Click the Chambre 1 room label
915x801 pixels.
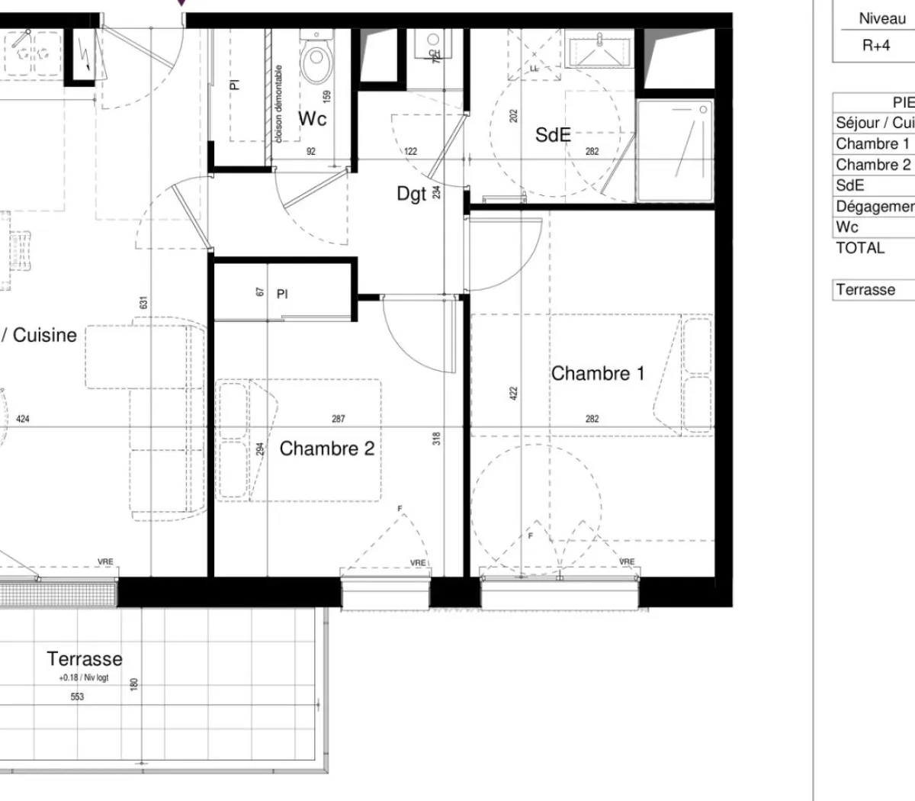(x=597, y=373)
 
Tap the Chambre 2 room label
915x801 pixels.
(x=327, y=449)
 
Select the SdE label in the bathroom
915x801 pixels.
(x=553, y=135)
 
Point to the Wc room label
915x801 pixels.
(x=312, y=118)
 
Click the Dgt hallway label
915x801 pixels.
(x=411, y=194)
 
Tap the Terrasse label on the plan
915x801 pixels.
(x=84, y=658)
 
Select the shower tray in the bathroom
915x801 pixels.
(x=675, y=150)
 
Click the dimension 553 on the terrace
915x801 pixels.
(x=77, y=696)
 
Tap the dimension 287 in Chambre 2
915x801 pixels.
(x=339, y=419)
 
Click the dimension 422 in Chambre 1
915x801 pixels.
(x=513, y=394)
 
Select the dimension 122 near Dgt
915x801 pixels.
(x=411, y=152)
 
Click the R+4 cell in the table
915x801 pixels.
(x=876, y=45)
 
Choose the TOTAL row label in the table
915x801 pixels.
(x=860, y=248)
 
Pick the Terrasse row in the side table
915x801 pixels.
(x=865, y=290)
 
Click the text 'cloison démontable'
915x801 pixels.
(x=278, y=104)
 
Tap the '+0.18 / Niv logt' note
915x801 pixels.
(x=84, y=677)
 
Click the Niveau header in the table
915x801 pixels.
(x=882, y=19)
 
